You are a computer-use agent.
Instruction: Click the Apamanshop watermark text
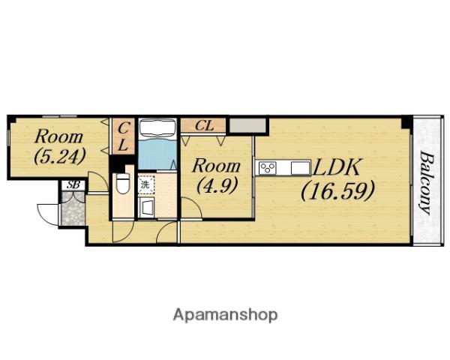[225, 315]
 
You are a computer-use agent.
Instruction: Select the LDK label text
[336, 168]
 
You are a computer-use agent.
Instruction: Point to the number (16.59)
[338, 190]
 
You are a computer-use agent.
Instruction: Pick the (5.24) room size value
[60, 156]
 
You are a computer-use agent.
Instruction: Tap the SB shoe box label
[73, 184]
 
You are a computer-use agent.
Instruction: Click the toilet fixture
[122, 183]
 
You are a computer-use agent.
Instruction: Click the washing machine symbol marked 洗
[145, 184]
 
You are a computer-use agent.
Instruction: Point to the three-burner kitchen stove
[268, 168]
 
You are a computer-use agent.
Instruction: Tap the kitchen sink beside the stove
[300, 168]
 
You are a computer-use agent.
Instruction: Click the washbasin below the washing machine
[146, 207]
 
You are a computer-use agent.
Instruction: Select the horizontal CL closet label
[204, 126]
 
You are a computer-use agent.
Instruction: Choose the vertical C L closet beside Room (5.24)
[123, 136]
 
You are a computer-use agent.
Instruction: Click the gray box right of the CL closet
[248, 125]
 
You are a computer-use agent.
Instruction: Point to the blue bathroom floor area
[157, 154]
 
